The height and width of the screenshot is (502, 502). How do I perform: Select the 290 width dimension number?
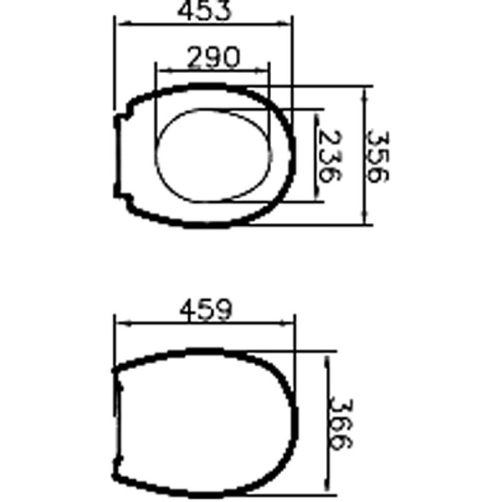click(x=213, y=57)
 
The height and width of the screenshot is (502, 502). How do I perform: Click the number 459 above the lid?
click(x=206, y=310)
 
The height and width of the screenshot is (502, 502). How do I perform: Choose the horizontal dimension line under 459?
click(x=206, y=324)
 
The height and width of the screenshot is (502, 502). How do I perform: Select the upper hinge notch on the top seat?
click(x=118, y=121)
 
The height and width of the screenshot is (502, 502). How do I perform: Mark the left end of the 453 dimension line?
click(x=117, y=24)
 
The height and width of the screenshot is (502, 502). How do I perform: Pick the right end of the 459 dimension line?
click(x=295, y=324)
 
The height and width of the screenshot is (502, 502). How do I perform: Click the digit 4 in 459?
click(x=187, y=310)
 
